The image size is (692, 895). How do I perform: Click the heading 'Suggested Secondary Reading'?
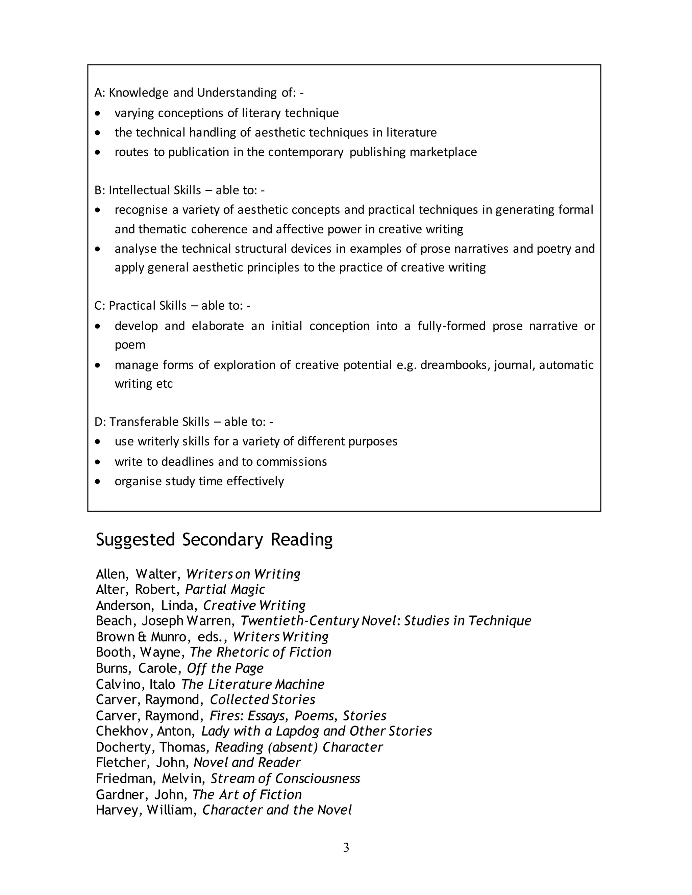[x=214, y=540]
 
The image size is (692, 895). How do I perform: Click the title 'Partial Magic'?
[x=225, y=589]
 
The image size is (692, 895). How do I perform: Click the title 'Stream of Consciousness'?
[x=285, y=778]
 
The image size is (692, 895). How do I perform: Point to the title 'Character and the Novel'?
[x=277, y=810]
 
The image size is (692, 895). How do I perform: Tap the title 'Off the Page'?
[x=225, y=668]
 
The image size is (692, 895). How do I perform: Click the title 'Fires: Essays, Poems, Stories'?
[x=298, y=716]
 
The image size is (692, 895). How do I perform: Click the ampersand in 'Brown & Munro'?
[x=142, y=637]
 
